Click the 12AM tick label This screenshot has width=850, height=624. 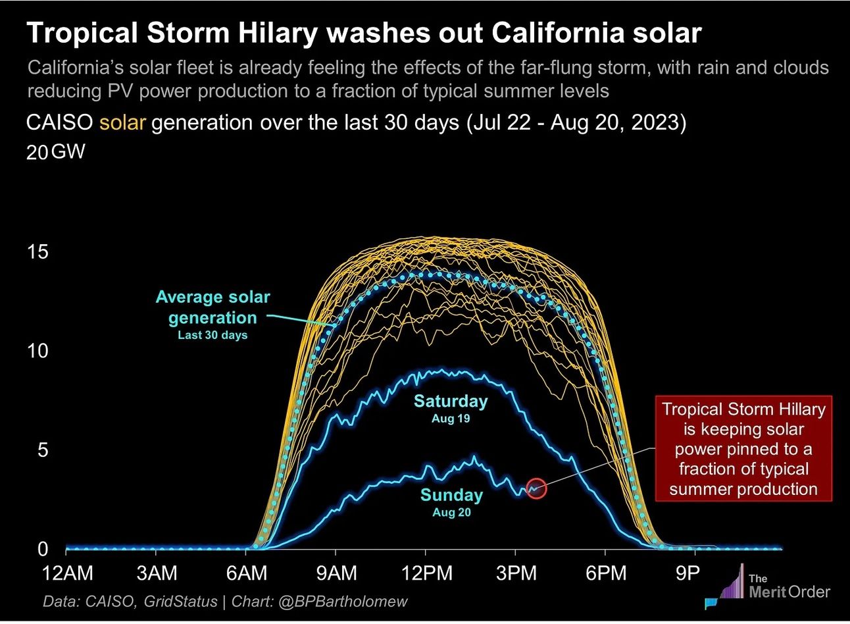[68, 574]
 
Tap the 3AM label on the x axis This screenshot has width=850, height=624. [157, 574]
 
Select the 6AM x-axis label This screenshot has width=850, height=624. [247, 574]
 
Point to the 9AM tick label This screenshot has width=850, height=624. [336, 574]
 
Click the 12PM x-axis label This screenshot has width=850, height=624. [426, 574]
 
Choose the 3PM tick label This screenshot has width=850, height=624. [516, 574]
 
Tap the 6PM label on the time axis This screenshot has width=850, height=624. [605, 574]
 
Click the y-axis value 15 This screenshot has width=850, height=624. [38, 252]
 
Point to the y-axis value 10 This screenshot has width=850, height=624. [38, 351]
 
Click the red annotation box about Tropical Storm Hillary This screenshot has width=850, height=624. [743, 449]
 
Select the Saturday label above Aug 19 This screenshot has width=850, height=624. [451, 402]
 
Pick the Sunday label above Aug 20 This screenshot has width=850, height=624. [451, 495]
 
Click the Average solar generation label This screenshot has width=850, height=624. [213, 307]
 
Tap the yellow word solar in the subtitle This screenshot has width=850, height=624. [122, 123]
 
